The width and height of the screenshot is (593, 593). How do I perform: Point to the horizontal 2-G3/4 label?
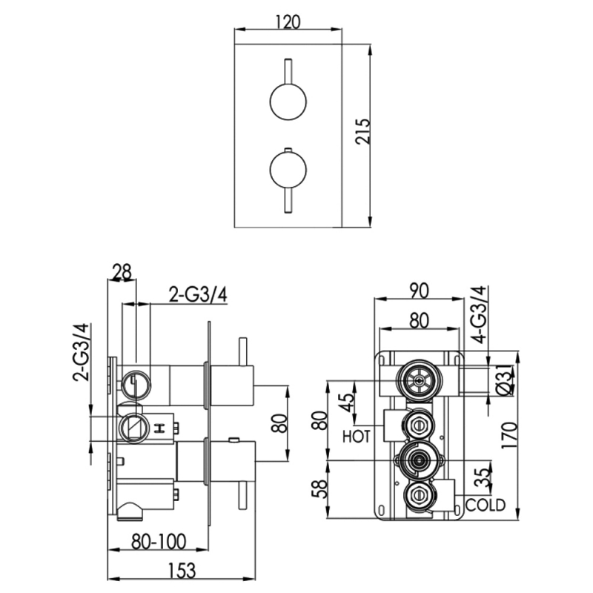[x=197, y=294]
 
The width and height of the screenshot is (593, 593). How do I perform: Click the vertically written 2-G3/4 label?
[x=82, y=351]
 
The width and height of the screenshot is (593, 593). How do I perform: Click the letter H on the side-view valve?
[x=159, y=428]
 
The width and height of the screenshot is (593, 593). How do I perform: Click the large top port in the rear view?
[x=420, y=382]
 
